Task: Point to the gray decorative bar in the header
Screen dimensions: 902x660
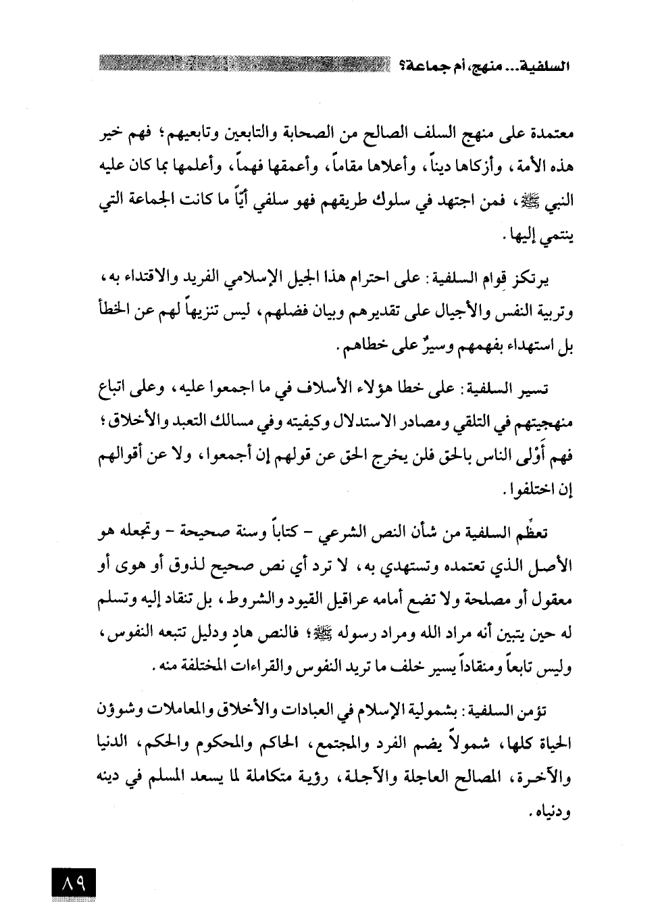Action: pyautogui.click(x=243, y=67)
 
